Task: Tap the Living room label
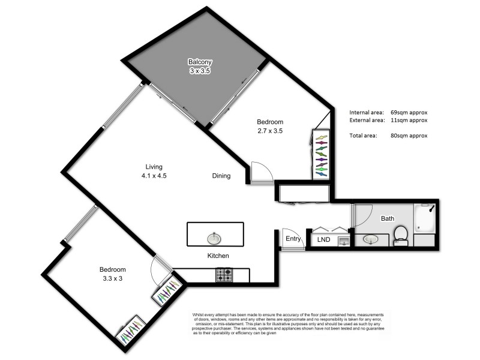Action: (154, 167)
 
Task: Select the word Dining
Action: (221, 176)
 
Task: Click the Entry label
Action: (293, 239)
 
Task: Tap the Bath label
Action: (388, 218)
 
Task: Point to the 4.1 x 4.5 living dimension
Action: (154, 176)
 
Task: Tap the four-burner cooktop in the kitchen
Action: (224, 275)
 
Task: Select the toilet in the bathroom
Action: (403, 235)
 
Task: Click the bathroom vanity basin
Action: (371, 239)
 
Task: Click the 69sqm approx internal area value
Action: (409, 112)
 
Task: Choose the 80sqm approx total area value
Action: (409, 136)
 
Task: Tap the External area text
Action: (367, 120)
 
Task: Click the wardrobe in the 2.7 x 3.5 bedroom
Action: (321, 154)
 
